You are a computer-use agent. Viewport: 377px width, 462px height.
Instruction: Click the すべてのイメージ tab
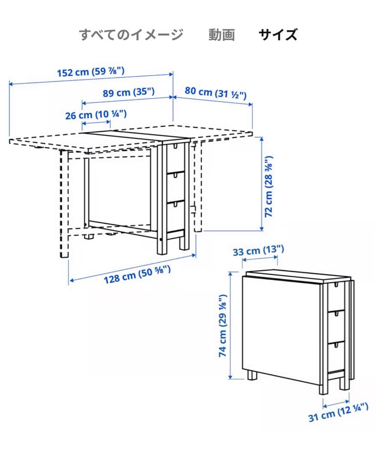pos(131,35)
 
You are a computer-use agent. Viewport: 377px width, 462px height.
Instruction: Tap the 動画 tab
pos(222,35)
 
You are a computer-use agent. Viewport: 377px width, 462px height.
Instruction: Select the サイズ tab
pos(278,35)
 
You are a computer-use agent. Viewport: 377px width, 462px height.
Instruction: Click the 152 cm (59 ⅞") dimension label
pos(91,71)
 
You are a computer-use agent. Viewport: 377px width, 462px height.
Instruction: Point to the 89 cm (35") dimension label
pos(128,92)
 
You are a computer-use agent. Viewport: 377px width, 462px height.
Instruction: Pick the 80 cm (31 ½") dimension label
pos(216,93)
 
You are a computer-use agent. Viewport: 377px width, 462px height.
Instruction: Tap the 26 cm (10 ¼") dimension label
pos(96,114)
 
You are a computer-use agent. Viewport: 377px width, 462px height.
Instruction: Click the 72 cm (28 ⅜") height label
pos(269,187)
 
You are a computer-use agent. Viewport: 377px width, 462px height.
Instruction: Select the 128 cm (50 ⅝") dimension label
pos(137,275)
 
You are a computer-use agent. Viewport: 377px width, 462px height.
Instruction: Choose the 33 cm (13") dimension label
pos(258,251)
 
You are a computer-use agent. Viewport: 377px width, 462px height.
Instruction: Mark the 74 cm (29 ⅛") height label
pos(223,326)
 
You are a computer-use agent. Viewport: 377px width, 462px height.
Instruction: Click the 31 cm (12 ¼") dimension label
pos(338,412)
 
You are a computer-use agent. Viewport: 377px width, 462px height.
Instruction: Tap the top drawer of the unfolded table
pos(176,159)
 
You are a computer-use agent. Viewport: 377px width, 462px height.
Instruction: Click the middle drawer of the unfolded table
pos(176,187)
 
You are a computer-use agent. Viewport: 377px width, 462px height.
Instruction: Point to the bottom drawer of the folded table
pos(336,357)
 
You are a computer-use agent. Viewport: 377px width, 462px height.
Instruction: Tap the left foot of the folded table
pos(252,376)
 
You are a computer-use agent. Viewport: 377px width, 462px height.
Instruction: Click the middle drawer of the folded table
pos(336,326)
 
